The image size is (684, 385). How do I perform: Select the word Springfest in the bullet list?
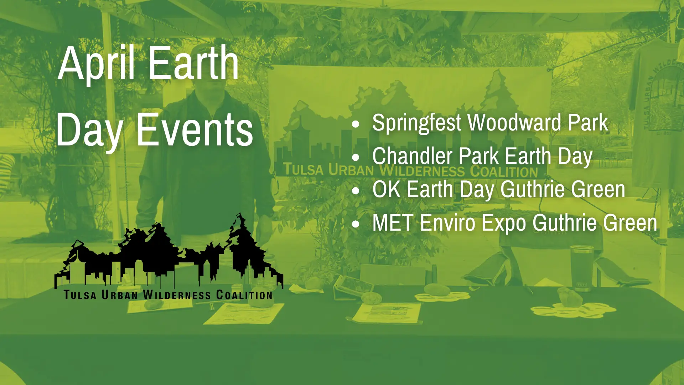tap(416, 123)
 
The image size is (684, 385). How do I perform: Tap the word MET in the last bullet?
tap(393, 222)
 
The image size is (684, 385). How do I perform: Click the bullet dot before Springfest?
tap(356, 124)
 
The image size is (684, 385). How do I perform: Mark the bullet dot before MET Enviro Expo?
tap(356, 224)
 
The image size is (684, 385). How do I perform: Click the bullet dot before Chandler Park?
tap(356, 157)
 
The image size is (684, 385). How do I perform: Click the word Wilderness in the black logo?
tap(177, 295)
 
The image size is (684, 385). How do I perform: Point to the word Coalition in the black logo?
tap(244, 295)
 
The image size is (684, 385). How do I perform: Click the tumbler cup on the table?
tap(582, 268)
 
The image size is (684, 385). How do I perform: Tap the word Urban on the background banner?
tap(351, 170)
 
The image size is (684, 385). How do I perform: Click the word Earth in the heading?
tap(193, 63)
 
